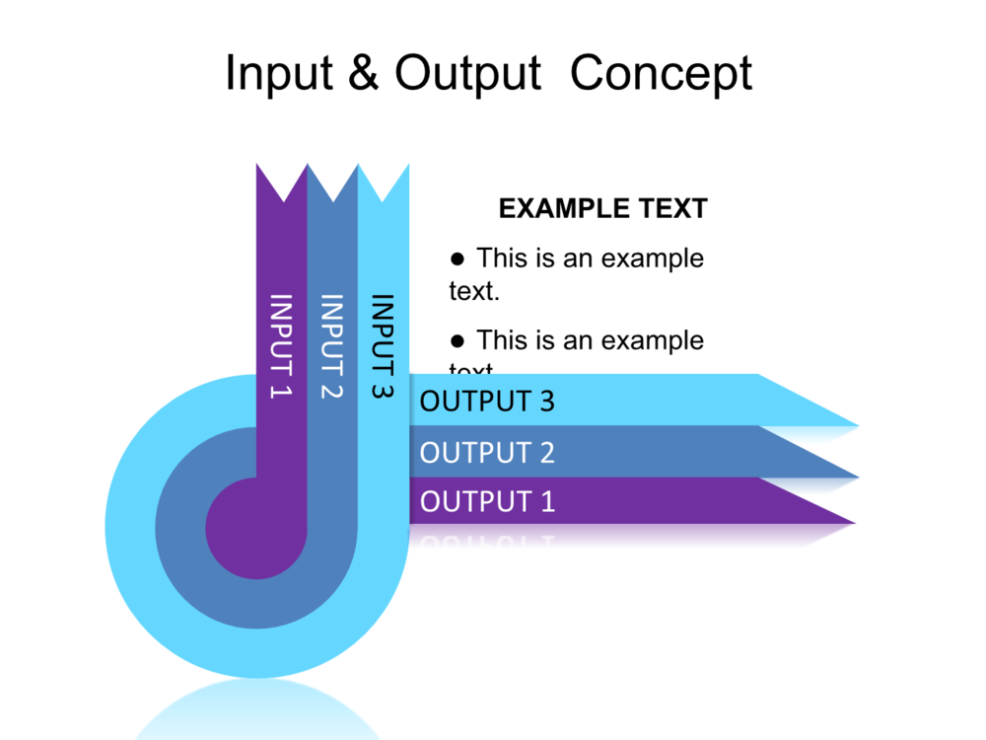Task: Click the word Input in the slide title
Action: click(x=277, y=74)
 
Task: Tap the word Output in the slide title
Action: click(x=468, y=74)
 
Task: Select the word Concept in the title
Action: click(x=661, y=74)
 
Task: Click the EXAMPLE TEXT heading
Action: click(x=602, y=208)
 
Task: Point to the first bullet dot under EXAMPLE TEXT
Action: click(x=457, y=259)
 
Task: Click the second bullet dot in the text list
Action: click(x=457, y=341)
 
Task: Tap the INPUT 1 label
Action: click(x=282, y=345)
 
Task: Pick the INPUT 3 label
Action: click(x=383, y=345)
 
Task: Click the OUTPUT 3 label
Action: click(x=487, y=401)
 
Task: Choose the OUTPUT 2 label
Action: click(x=487, y=453)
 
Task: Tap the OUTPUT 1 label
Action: click(x=487, y=501)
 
